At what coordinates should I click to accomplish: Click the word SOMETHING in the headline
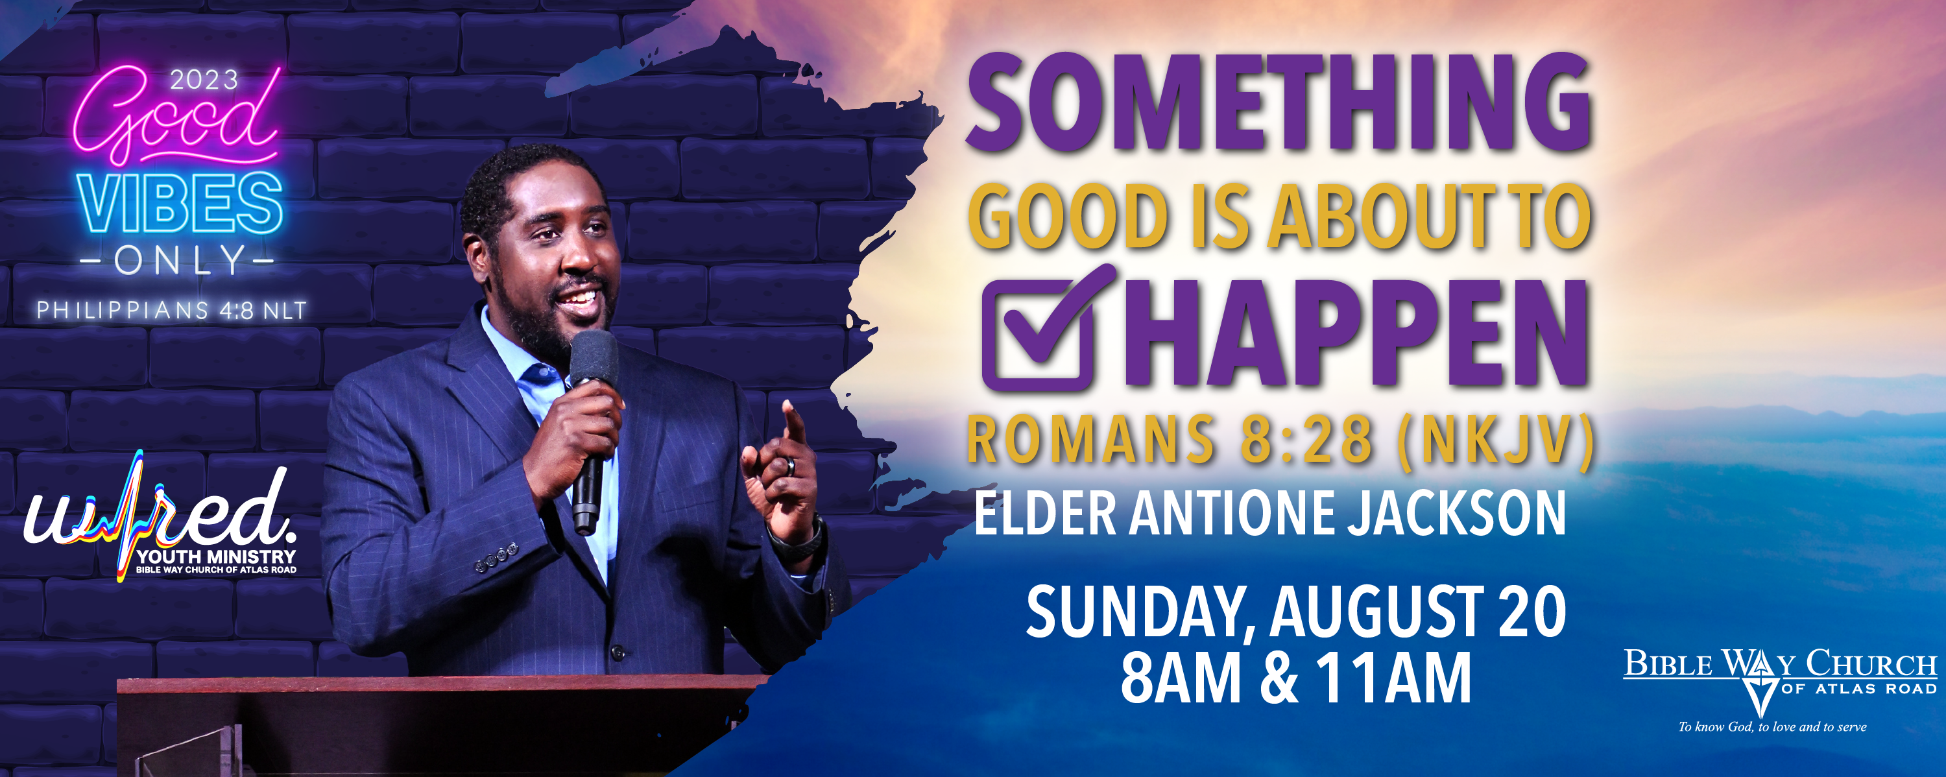1279,102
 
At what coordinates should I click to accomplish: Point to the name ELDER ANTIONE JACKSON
1269,514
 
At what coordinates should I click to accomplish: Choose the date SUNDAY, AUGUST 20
1295,612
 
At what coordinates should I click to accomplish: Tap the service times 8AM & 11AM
1296,677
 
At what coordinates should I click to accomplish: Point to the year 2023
204,80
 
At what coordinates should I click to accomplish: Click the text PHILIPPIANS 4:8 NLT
171,311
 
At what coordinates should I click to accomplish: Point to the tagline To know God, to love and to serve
1772,727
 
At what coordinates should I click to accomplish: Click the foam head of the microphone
594,359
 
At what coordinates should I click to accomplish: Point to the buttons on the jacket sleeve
497,556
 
